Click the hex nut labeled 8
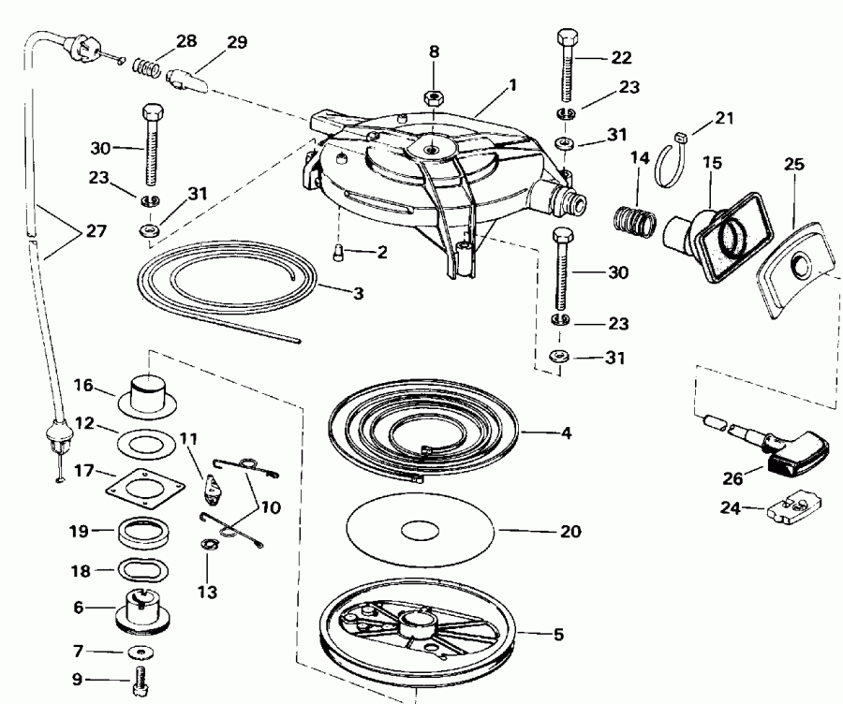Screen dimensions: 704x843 click(434, 95)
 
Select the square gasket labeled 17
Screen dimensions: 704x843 click(142, 489)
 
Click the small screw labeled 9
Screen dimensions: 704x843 click(142, 682)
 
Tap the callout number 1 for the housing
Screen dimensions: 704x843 click(512, 83)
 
